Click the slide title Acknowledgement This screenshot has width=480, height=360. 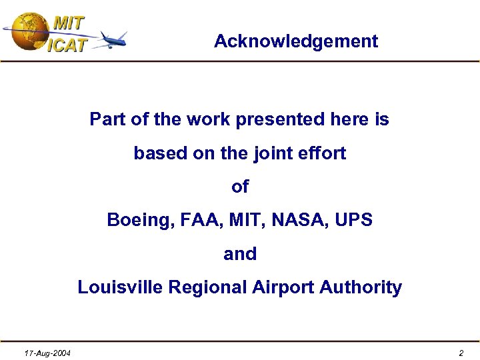pyautogui.click(x=295, y=41)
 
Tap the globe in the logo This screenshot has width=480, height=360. pyautogui.click(x=28, y=31)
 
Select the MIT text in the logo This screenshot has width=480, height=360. pyautogui.click(x=69, y=23)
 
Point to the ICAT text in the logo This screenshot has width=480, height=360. pyautogui.click(x=67, y=45)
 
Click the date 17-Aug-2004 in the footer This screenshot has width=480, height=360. pyautogui.click(x=48, y=353)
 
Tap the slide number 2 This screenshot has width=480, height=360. pyautogui.click(x=461, y=353)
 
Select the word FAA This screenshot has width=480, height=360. pyautogui.click(x=194, y=220)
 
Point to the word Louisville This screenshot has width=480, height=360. pyautogui.click(x=120, y=287)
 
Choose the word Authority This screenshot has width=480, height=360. pyautogui.click(x=361, y=287)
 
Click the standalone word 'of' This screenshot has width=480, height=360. pyautogui.click(x=240, y=187)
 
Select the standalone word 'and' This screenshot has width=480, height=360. pyautogui.click(x=240, y=254)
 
